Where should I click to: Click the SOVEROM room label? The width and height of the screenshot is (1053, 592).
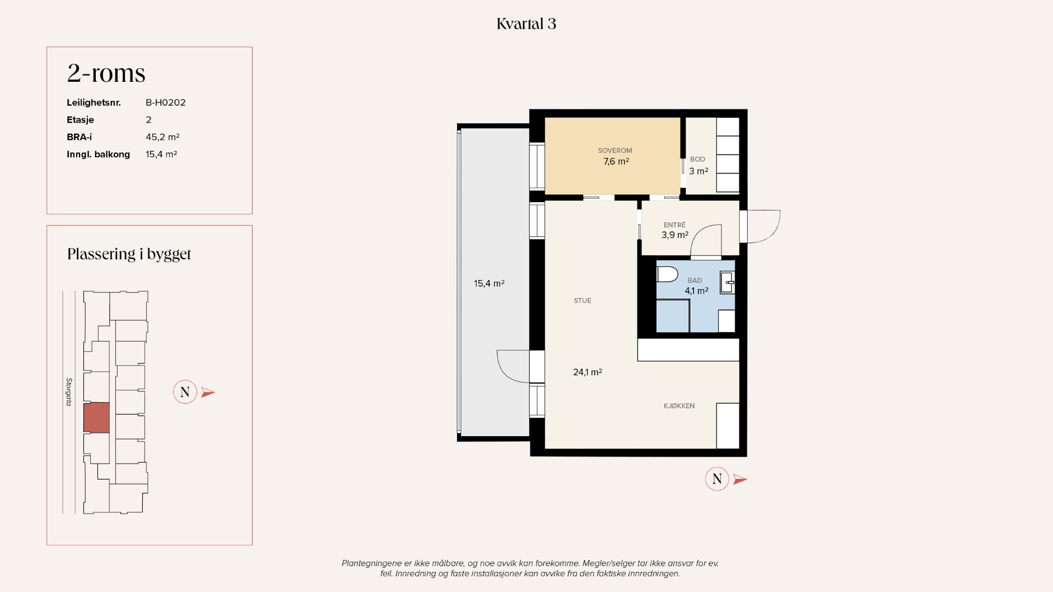pyautogui.click(x=615, y=151)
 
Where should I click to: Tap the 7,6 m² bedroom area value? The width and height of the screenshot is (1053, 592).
pyautogui.click(x=616, y=162)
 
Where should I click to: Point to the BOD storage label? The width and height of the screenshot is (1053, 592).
pyautogui.click(x=697, y=160)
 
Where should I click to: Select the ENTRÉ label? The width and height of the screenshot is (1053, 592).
pyautogui.click(x=674, y=225)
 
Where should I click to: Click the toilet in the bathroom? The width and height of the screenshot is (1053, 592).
pyautogui.click(x=667, y=274)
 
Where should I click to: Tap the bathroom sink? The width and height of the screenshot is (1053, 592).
pyautogui.click(x=728, y=283)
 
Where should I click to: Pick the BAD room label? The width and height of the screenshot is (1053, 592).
pyautogui.click(x=695, y=281)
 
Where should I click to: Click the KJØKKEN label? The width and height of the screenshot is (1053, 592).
pyautogui.click(x=679, y=406)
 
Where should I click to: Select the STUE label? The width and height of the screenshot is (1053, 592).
pyautogui.click(x=583, y=301)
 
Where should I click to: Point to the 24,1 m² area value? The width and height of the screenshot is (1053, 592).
pyautogui.click(x=588, y=372)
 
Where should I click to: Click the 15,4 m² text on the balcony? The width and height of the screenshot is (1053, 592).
pyautogui.click(x=489, y=284)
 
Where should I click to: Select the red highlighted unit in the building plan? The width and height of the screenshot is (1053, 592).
pyautogui.click(x=96, y=417)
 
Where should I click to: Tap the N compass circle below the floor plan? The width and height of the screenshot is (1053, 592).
pyautogui.click(x=717, y=479)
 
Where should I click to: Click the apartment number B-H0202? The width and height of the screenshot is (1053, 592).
pyautogui.click(x=166, y=102)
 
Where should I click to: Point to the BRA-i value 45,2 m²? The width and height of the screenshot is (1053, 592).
pyautogui.click(x=162, y=137)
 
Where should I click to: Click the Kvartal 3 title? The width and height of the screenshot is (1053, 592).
pyautogui.click(x=526, y=24)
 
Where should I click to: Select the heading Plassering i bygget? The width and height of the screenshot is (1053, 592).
pyautogui.click(x=129, y=254)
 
